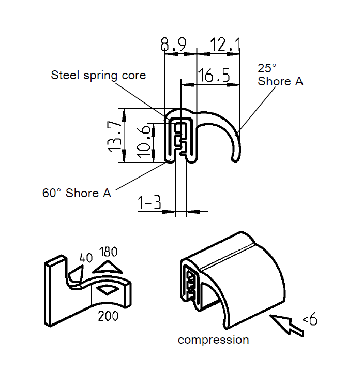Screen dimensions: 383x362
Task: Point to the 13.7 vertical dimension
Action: coord(116,136)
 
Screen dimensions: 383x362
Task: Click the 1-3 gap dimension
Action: coord(149,203)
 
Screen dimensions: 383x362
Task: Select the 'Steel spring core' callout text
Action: coord(98,75)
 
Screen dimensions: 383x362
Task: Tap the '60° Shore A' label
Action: coord(77,193)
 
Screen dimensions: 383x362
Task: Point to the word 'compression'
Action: coord(213,340)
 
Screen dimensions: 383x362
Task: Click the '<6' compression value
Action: coord(309,320)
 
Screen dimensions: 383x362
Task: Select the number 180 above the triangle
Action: coord(108,252)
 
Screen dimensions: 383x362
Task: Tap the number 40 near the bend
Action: coord(85,258)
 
